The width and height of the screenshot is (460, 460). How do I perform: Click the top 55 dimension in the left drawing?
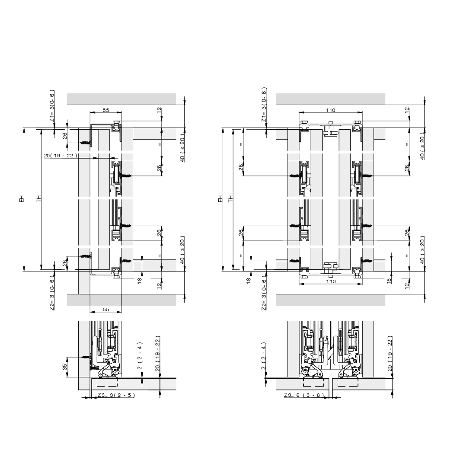pos(106,110)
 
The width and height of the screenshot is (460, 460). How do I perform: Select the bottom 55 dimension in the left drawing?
pos(106,310)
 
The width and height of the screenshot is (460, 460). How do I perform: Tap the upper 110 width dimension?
pos(331,110)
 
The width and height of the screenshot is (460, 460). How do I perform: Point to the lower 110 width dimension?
pos(331,281)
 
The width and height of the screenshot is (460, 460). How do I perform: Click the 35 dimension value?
pos(64,367)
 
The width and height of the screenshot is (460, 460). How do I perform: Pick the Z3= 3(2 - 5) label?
pos(116,395)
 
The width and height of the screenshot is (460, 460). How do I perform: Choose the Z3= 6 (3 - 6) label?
pos(303,395)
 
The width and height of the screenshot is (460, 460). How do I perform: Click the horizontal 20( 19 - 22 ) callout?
pos(61,156)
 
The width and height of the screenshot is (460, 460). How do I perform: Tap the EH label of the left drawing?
pos(22,198)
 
